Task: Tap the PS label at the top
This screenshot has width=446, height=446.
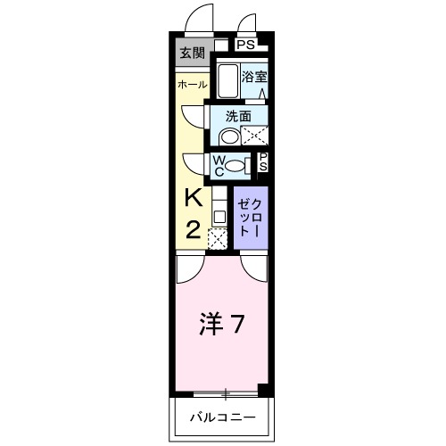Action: (x=246, y=44)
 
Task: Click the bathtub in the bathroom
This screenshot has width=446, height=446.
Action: (x=227, y=82)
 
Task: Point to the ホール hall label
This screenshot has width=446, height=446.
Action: (x=192, y=85)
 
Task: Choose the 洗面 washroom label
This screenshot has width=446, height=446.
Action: (x=236, y=116)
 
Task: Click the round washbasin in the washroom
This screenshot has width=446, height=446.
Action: (x=228, y=136)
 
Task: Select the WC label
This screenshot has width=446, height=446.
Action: (x=218, y=165)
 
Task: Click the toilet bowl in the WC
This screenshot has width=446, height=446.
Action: (x=235, y=165)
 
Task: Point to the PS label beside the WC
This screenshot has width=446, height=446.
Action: (x=263, y=163)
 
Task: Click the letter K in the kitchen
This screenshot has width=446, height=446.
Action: (x=193, y=197)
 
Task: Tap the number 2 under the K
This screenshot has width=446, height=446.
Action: (x=193, y=229)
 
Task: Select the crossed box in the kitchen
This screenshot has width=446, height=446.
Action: (x=218, y=237)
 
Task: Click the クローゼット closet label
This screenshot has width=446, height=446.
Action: (x=248, y=217)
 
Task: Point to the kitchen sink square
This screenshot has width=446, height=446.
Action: (x=218, y=216)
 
